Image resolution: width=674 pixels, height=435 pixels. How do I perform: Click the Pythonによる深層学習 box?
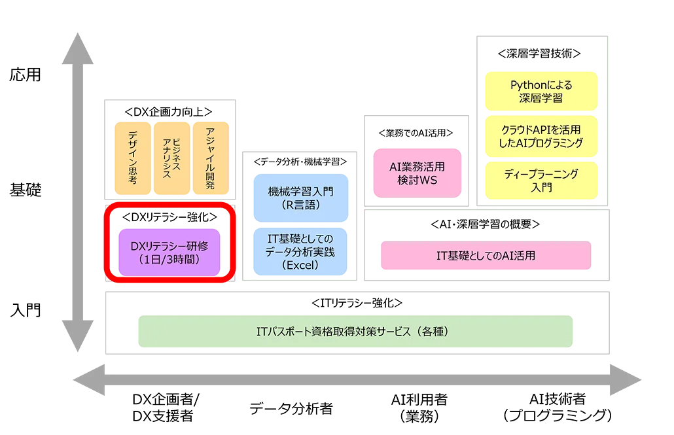541,92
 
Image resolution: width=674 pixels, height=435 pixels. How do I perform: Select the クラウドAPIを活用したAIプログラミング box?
541,135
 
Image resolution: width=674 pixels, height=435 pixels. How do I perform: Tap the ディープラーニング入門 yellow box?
541,181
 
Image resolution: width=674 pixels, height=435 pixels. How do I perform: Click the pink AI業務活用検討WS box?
417,173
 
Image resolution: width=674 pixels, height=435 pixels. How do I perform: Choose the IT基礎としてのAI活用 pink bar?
485,256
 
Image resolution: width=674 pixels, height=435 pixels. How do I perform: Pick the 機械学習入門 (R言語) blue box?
300,197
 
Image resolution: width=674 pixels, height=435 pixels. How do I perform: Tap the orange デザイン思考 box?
132,158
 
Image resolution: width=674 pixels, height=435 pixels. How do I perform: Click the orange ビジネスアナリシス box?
171,158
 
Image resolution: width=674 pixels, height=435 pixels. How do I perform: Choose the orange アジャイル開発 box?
211,158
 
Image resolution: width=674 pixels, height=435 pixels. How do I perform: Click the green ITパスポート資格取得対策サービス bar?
355,331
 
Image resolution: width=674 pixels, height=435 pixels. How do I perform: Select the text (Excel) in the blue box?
300,266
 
